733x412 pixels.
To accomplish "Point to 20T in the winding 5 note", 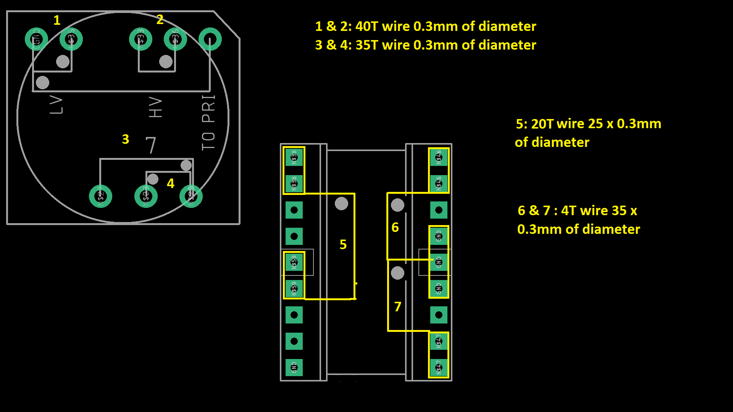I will [542, 124].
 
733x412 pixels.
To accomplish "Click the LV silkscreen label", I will [56, 105].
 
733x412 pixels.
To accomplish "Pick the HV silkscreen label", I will [155, 107].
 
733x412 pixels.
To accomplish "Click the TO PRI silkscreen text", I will [208, 122].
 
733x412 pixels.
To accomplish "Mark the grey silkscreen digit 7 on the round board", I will [151, 145].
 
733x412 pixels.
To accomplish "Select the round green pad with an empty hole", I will [210, 39].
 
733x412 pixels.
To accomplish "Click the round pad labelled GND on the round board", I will [36, 39].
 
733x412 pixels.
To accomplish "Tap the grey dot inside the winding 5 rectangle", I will [341, 204].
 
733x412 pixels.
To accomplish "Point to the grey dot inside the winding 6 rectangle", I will [397, 205].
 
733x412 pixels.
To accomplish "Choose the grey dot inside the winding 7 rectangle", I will [397, 273].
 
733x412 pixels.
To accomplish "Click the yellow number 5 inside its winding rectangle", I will [343, 245].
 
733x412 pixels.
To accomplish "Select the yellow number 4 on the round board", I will [171, 183].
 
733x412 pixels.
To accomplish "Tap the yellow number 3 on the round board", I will [126, 139].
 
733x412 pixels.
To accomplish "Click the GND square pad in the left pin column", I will [294, 367].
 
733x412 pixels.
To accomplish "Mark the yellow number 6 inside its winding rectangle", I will [395, 227].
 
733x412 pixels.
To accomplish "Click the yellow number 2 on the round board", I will [160, 19].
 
